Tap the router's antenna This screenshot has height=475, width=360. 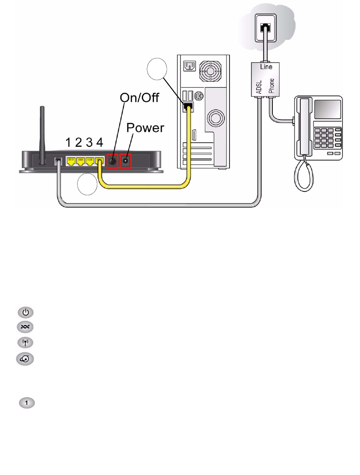pos(41,133)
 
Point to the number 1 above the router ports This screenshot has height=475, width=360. pos(68,143)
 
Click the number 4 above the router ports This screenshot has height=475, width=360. pos(99,143)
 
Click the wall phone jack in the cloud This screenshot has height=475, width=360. pos(264,28)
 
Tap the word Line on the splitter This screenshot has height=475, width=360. pos(266,67)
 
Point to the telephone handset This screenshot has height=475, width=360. pos(305,127)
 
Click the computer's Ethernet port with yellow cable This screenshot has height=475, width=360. pos(187,107)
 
